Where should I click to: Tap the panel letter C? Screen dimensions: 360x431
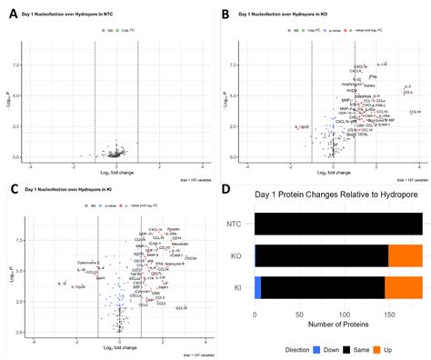10,188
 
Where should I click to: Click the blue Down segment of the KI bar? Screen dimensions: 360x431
258,287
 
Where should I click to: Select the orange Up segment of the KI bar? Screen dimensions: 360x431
404,287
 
